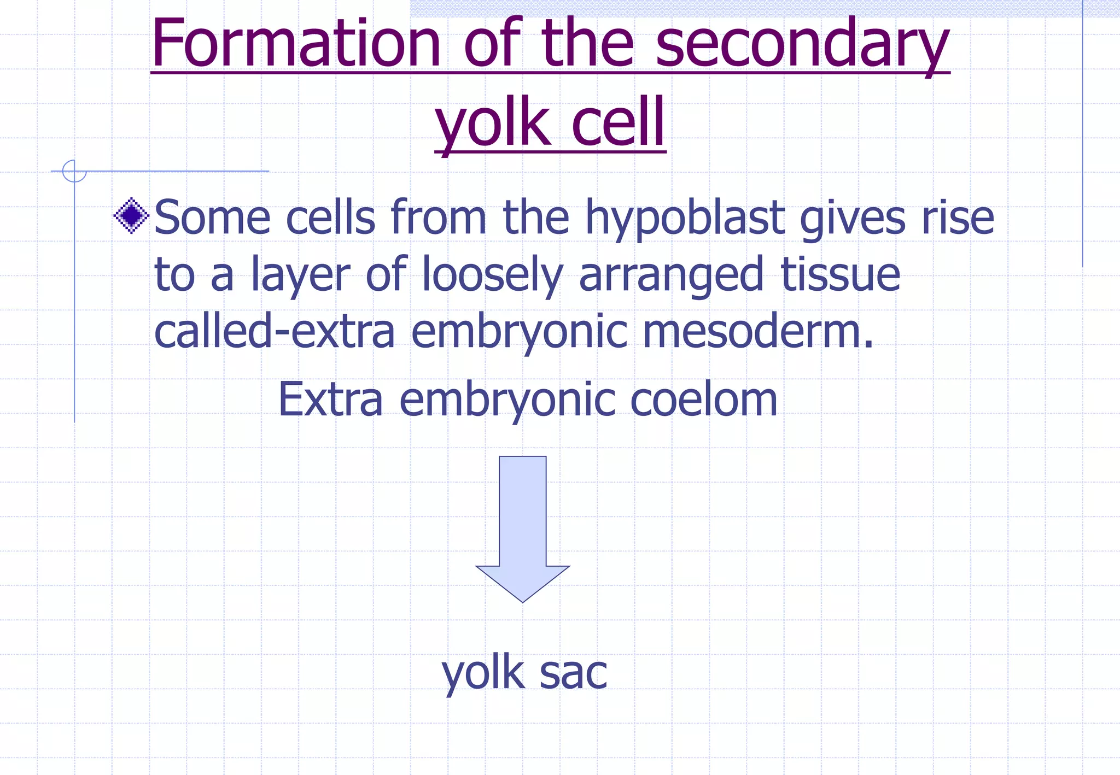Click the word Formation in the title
click(x=296, y=44)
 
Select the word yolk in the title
click(x=492, y=122)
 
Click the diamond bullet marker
click(x=131, y=216)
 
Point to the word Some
click(x=212, y=218)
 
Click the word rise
click(x=958, y=218)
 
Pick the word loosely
click(x=492, y=275)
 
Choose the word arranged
click(x=670, y=275)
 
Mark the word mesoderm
click(x=758, y=332)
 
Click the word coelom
click(x=703, y=400)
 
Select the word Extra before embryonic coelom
click(x=330, y=400)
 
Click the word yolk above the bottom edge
click(x=483, y=674)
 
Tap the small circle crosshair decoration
click(x=74, y=171)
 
